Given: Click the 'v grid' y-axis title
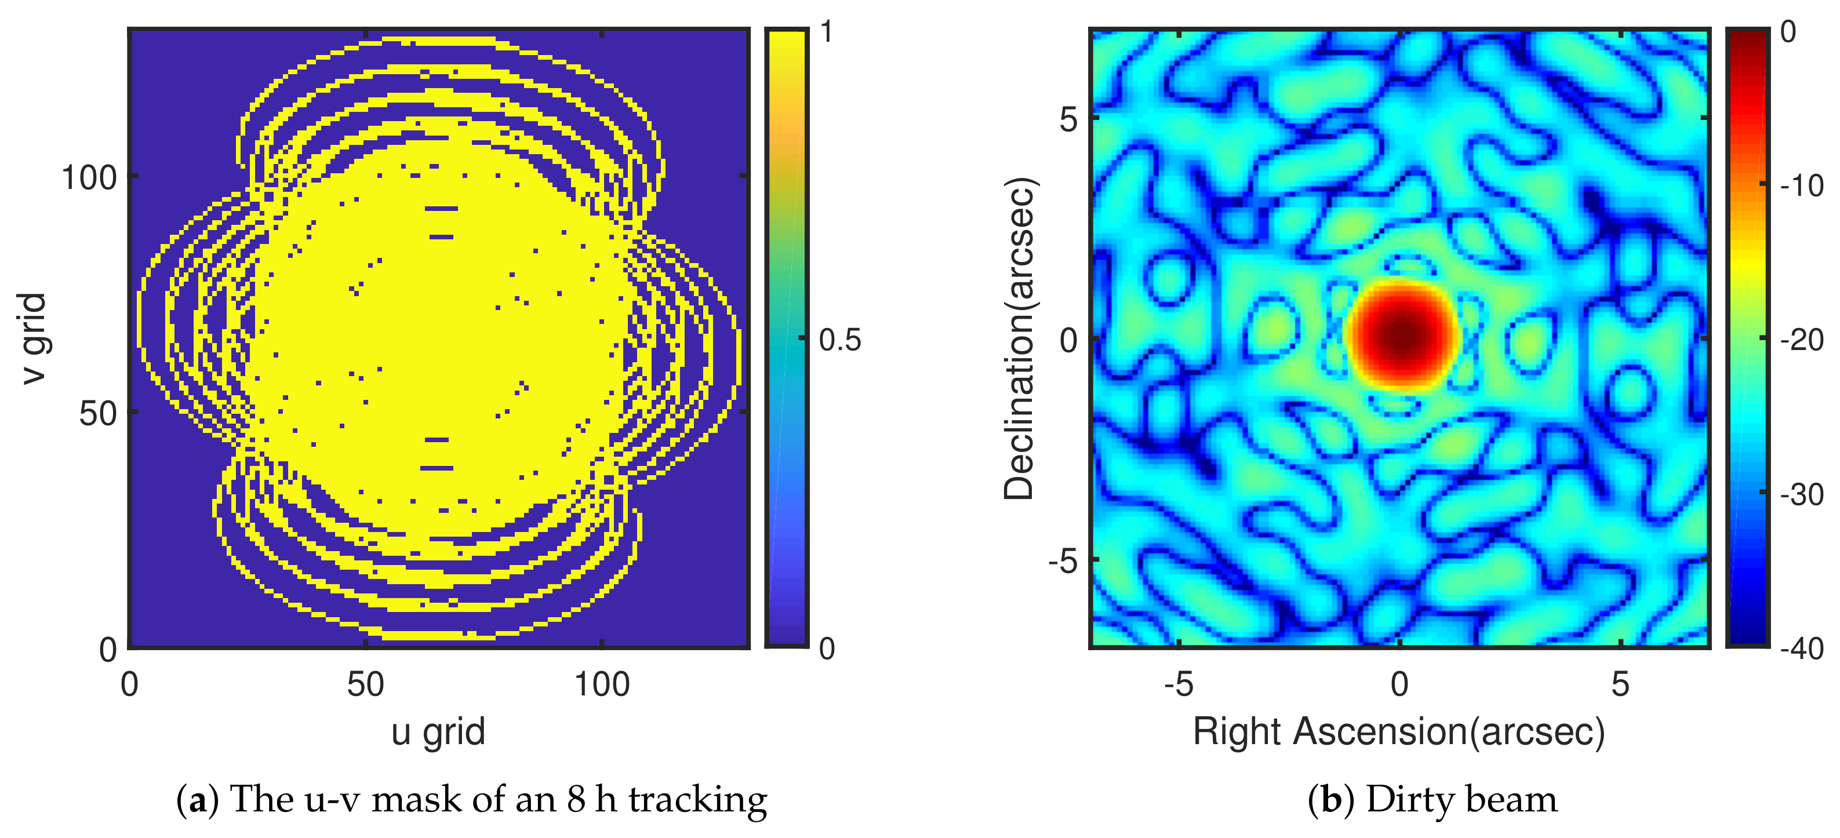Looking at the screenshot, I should pyautogui.click(x=34, y=338).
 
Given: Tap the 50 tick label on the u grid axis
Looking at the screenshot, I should pyautogui.click(x=365, y=684).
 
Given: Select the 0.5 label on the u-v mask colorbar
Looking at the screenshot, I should pyautogui.click(x=840, y=341).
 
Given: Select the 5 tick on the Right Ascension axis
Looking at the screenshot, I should pyautogui.click(x=1619, y=684).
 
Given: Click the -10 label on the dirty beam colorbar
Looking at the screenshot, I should pyautogui.click(x=1801, y=186).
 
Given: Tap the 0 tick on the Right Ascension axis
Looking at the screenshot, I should pyautogui.click(x=1399, y=684).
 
